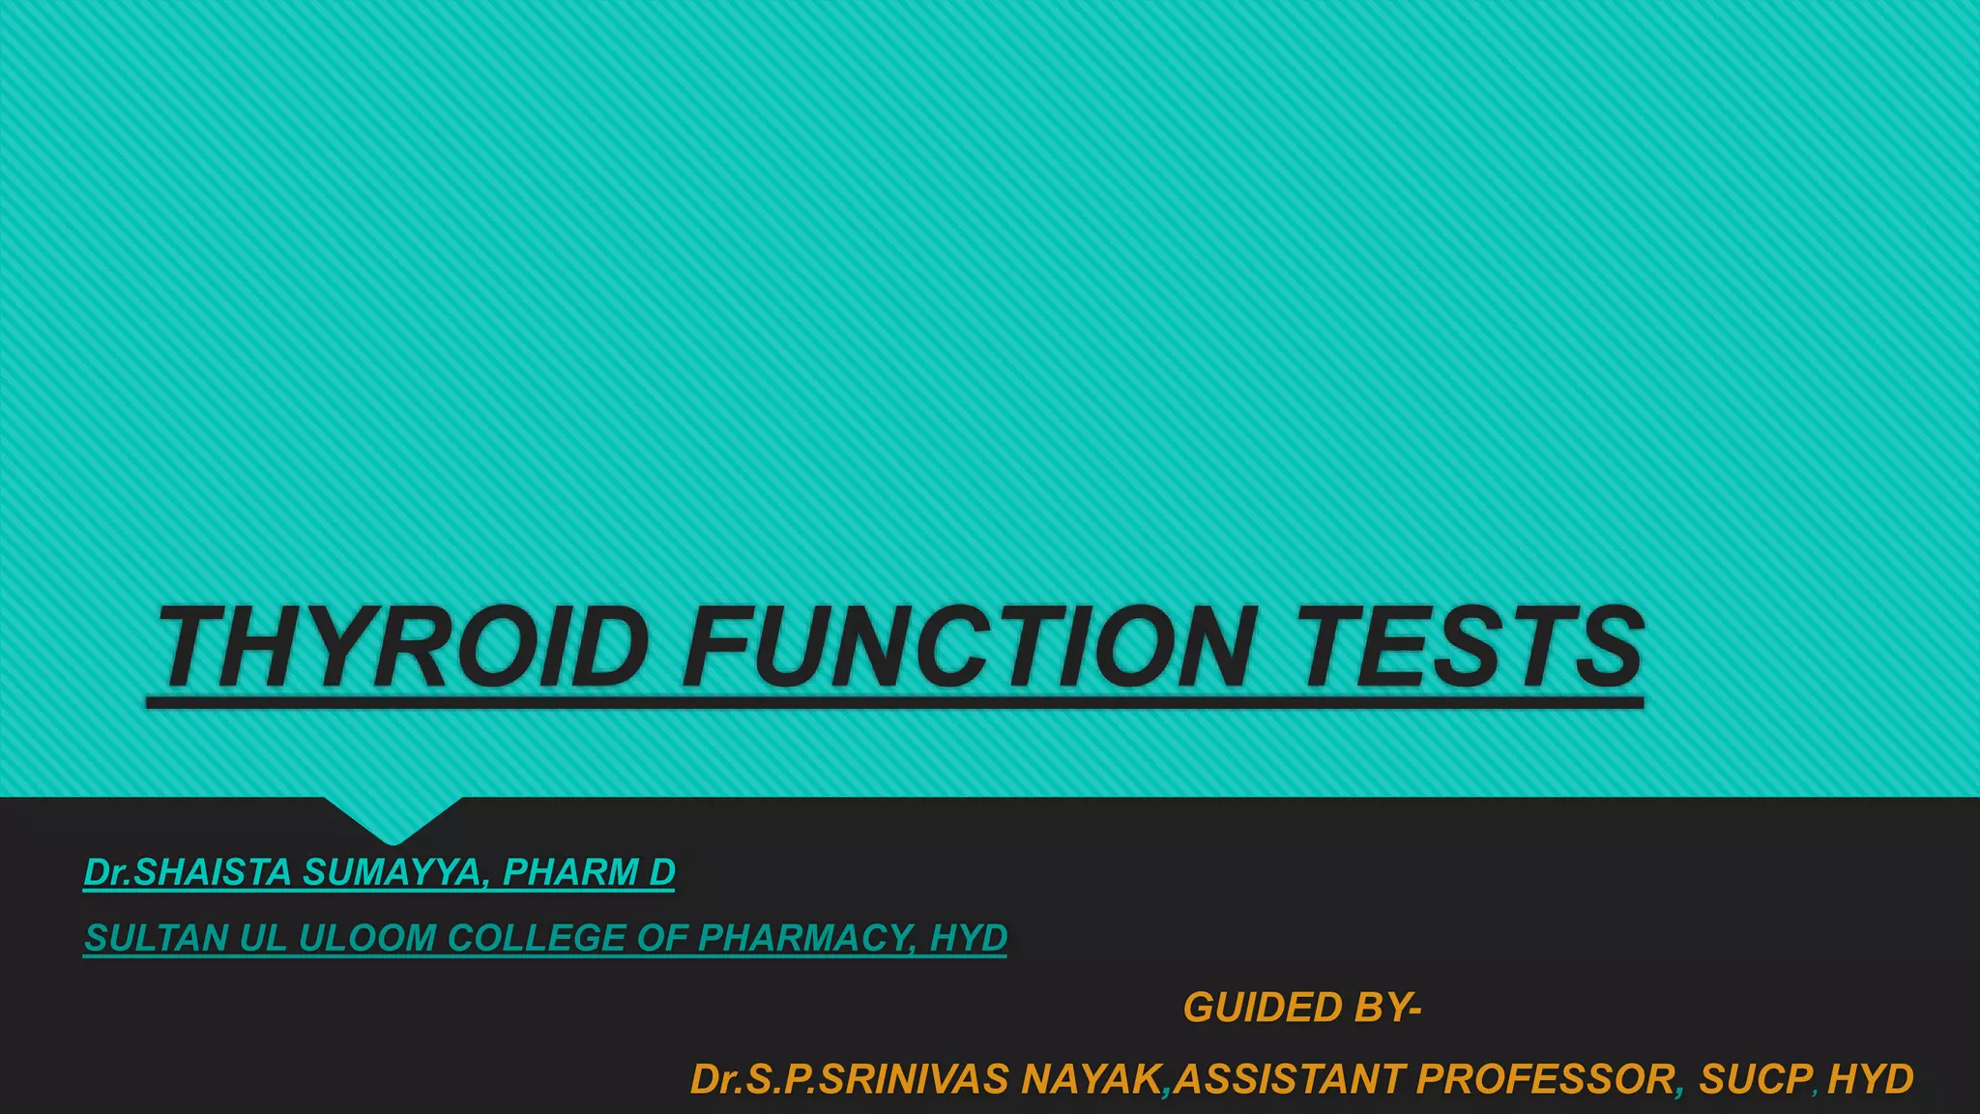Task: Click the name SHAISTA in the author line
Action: (x=212, y=872)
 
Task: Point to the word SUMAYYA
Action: (x=391, y=872)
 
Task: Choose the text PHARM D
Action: (x=589, y=872)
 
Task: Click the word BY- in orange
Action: (x=1387, y=1008)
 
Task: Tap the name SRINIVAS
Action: (x=914, y=1079)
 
